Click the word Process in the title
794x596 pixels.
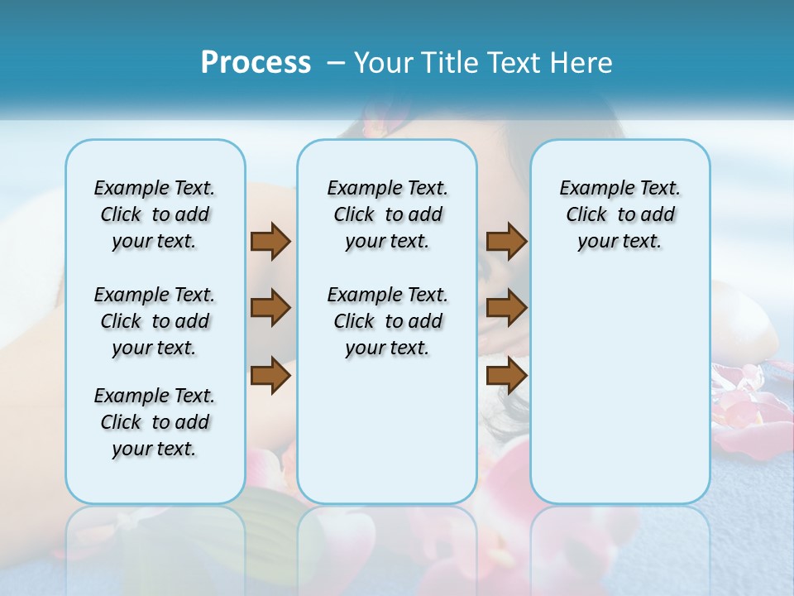[x=256, y=62]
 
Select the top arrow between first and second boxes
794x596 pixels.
[x=270, y=241]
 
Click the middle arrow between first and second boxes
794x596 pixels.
[x=270, y=308]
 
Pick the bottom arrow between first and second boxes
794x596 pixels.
[x=270, y=376]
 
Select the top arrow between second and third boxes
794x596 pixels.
[x=506, y=241]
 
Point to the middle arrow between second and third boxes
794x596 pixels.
[x=506, y=308]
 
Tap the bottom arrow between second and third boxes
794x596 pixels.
[x=506, y=376]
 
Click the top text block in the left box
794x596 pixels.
[x=155, y=214]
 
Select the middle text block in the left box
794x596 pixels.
[x=155, y=321]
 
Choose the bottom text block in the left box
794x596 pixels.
[x=155, y=422]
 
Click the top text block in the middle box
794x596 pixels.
[x=387, y=214]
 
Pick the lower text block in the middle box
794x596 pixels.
[x=387, y=321]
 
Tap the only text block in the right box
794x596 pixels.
[x=620, y=214]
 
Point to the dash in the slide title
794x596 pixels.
[x=336, y=63]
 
